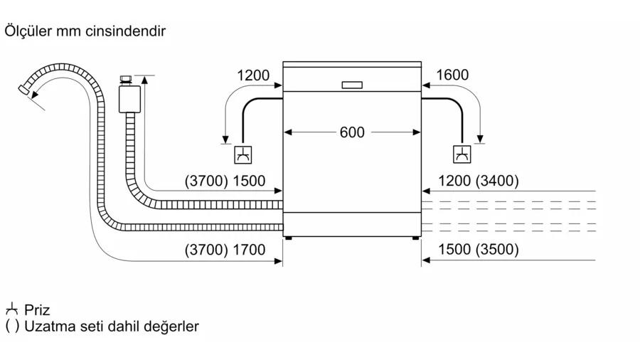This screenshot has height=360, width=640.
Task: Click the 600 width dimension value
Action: click(x=352, y=132)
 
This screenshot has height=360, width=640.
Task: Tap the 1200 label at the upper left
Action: click(x=253, y=75)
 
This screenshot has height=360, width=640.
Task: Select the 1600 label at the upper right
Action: click(x=452, y=75)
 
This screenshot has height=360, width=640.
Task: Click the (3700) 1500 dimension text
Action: click(x=225, y=181)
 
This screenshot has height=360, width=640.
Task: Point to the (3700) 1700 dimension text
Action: click(x=225, y=250)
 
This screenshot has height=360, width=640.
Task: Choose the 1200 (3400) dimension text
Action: click(x=479, y=181)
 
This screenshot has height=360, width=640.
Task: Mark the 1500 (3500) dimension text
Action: click(x=479, y=250)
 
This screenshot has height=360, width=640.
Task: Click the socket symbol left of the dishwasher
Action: click(x=243, y=154)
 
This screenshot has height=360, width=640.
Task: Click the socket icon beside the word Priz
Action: click(x=11, y=309)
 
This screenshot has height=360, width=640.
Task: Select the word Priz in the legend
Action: click(x=37, y=310)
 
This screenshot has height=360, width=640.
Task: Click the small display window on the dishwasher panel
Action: click(x=352, y=85)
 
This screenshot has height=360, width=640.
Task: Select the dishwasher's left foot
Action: click(x=288, y=240)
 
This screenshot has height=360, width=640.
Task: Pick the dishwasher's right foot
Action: click(x=415, y=240)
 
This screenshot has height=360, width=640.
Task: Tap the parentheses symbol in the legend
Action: click(x=12, y=327)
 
